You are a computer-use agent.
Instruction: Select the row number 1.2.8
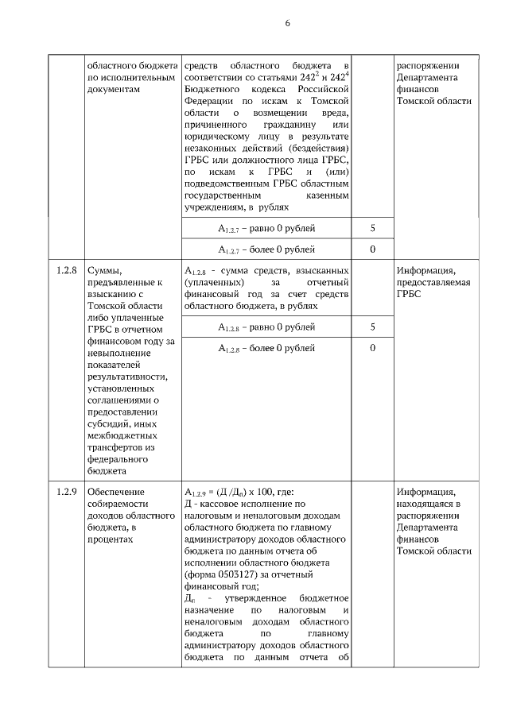(66, 270)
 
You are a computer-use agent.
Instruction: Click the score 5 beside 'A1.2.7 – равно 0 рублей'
(372, 228)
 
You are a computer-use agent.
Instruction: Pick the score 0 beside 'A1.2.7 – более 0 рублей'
(372, 249)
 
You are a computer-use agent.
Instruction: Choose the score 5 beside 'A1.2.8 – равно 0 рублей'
(372, 327)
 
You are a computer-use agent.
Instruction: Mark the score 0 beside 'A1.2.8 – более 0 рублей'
(372, 348)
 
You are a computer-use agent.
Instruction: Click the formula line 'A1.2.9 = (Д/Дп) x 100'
(239, 492)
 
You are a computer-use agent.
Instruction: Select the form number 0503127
(235, 574)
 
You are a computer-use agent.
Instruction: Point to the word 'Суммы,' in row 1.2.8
(103, 270)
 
